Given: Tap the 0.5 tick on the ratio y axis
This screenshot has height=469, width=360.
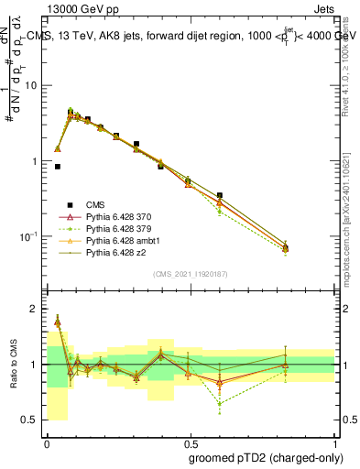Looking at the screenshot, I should pyautogui.click(x=30, y=420).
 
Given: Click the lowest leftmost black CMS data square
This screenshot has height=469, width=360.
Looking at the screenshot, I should pyautogui.click(x=58, y=167).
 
